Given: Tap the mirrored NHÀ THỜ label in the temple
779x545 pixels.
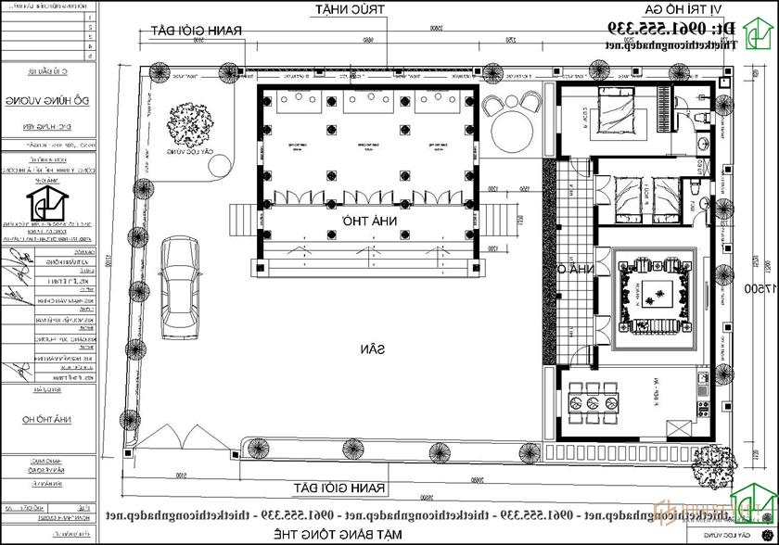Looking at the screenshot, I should tap(364, 222).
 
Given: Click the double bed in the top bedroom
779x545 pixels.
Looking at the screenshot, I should tap(615, 120).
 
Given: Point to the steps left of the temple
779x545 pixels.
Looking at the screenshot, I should tap(237, 222).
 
